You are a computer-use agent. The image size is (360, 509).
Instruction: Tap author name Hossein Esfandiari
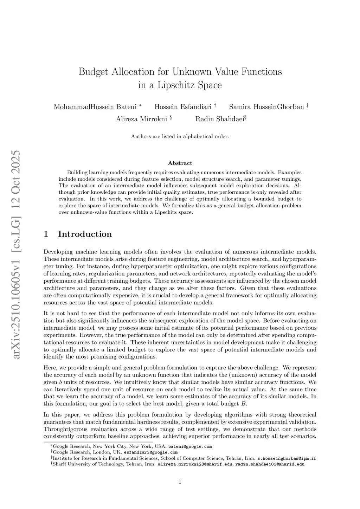[x=183, y=107]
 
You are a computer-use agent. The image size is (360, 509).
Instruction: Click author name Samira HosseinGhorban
[x=266, y=107]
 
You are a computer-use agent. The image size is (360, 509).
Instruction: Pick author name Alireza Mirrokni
[x=141, y=119]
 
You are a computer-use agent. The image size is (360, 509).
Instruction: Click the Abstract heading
[x=180, y=163]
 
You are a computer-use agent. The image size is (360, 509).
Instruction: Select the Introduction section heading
[x=85, y=234]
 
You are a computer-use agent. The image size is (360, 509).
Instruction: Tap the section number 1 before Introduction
[x=46, y=234]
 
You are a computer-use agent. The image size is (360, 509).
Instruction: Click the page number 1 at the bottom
[x=180, y=482]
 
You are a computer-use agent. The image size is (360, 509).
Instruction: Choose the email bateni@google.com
[x=190, y=446]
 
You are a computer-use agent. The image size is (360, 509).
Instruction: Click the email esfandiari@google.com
[x=150, y=452]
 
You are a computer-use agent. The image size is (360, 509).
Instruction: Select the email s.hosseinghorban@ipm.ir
[x=287, y=458]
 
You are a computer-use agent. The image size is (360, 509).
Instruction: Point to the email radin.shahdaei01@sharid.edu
[x=270, y=464]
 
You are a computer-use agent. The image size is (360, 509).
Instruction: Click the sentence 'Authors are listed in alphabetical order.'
[x=180, y=136]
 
